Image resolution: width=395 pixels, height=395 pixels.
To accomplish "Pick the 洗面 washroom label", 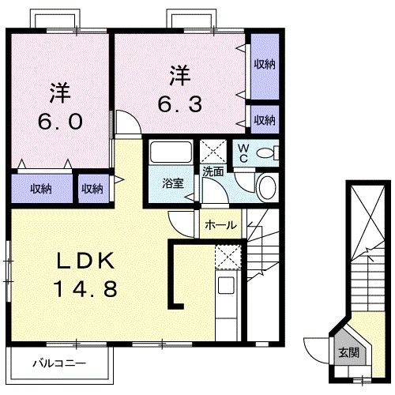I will tap(213, 171).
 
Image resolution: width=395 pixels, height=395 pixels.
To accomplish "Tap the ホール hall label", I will tap(220, 225).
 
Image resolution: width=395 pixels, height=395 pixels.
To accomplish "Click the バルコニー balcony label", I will tap(58, 364).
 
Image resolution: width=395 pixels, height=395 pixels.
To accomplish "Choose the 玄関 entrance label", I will tap(348, 353).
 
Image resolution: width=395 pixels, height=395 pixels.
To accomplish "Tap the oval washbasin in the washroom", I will tap(266, 187).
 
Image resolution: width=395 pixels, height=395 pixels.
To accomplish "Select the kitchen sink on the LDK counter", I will tap(225, 286).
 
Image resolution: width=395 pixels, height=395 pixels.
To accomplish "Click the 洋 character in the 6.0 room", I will tap(58, 92).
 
